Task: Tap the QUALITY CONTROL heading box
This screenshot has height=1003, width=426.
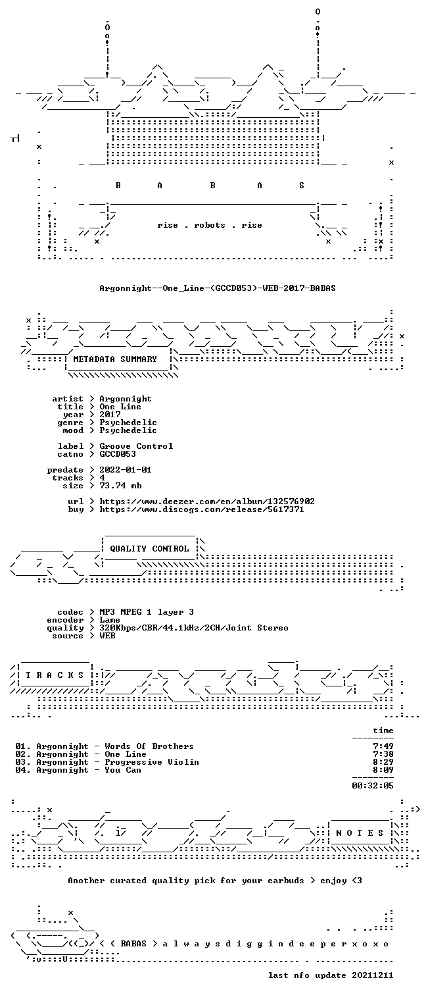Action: click(x=149, y=548)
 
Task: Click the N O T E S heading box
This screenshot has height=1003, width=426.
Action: click(x=360, y=833)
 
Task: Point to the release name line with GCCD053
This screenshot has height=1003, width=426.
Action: click(x=218, y=288)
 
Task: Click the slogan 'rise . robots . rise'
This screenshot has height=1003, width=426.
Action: click(x=210, y=225)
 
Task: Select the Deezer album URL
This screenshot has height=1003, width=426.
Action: click(x=206, y=501)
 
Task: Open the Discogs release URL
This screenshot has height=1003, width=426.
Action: click(x=201, y=509)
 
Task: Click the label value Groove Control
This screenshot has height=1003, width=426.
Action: click(x=136, y=446)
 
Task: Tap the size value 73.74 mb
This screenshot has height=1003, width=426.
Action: click(x=120, y=486)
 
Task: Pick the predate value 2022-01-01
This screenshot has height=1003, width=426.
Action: click(x=126, y=470)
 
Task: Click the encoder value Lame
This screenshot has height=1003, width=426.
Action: click(x=110, y=620)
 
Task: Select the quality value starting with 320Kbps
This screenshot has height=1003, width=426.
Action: click(x=194, y=629)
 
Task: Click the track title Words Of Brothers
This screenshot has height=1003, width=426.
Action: click(x=149, y=746)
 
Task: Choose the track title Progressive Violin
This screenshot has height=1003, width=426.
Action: click(x=152, y=762)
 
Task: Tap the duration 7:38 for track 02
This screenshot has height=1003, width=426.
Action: click(x=383, y=754)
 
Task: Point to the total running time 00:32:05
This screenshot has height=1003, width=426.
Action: click(x=373, y=786)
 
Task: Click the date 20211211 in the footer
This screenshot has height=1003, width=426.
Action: click(x=372, y=975)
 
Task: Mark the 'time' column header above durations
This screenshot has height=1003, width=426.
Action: click(x=383, y=731)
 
